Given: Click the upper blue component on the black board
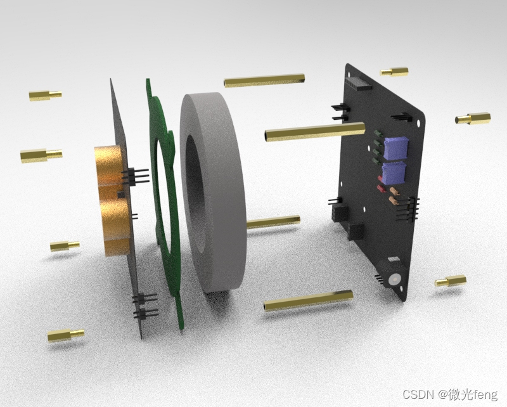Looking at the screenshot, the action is [x=395, y=148].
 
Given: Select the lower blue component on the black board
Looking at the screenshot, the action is [x=394, y=173].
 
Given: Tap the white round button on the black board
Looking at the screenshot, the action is [x=395, y=279].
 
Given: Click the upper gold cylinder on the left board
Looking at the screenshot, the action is [x=110, y=165].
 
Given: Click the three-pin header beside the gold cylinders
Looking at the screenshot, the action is [x=135, y=176].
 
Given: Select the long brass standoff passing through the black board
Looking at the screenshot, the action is [x=314, y=132].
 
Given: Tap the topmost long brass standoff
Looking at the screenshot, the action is [x=264, y=81].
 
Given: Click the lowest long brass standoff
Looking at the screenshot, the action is [x=308, y=300].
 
